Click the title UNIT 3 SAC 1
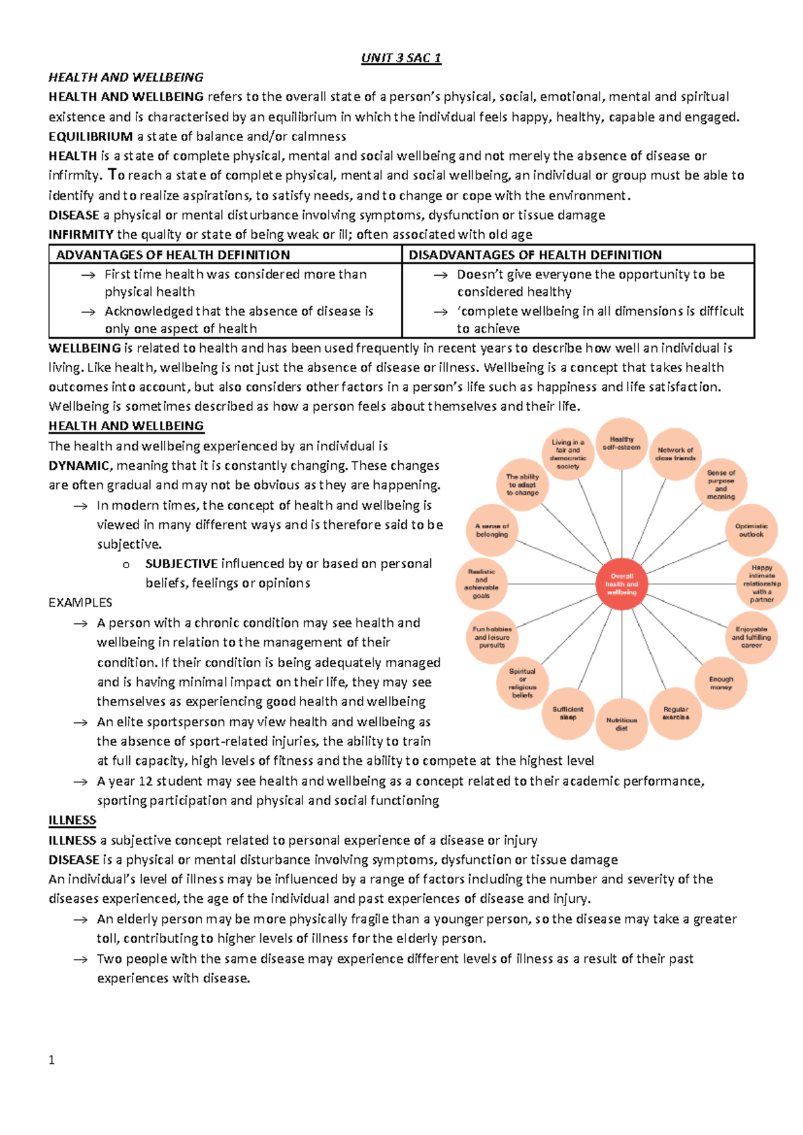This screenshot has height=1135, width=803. coord(401,58)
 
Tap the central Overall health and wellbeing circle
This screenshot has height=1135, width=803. coord(622,584)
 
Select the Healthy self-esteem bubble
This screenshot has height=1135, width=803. coord(622,443)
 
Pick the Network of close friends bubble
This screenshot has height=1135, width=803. coord(676,454)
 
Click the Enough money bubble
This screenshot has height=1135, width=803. coord(721,683)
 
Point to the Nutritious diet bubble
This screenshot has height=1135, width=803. coord(622,724)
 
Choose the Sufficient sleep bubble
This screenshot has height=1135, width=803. coord(567,713)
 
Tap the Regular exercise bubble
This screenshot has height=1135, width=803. coord(675,713)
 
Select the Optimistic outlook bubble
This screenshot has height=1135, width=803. coord(751,530)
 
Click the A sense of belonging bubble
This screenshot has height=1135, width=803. coord(492,530)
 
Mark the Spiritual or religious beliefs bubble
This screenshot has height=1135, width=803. coord(522,683)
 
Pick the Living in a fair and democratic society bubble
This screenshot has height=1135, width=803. coord(568,454)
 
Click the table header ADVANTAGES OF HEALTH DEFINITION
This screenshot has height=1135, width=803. coord(173,255)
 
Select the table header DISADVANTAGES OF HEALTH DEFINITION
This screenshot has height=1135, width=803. coord(535,255)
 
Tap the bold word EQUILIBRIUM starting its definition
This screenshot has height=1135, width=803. coord(90,137)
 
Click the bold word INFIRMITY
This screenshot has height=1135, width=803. coord(81,234)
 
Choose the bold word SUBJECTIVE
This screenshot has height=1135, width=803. coord(181,563)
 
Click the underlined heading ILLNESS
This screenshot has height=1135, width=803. coord(72,820)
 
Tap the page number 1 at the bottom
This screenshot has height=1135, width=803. coord(52,1060)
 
